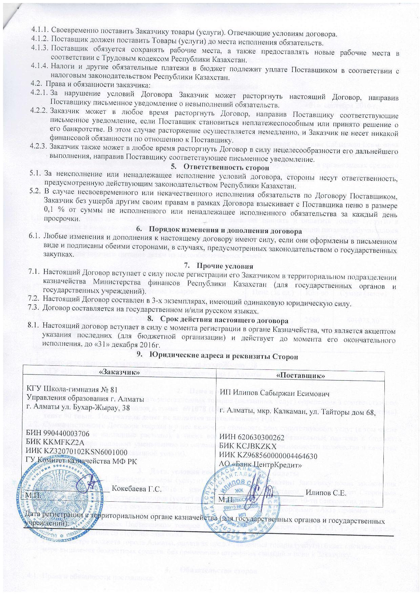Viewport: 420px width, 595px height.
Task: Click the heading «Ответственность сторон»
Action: coord(226,167)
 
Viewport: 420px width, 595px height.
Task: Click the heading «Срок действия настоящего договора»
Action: coord(224,319)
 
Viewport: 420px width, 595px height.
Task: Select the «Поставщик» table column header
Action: coord(301,375)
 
